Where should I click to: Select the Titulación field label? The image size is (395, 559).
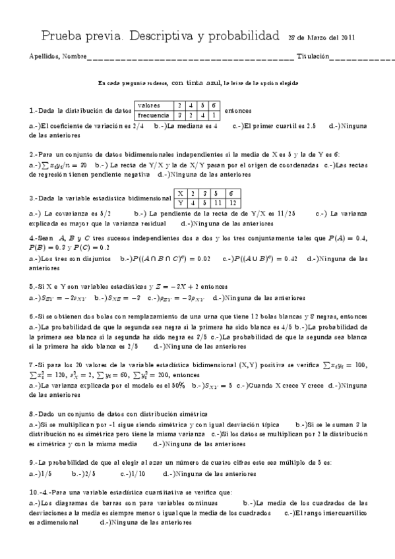pyautogui.click(x=312, y=57)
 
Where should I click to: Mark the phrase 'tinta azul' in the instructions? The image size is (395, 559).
pyautogui.click(x=201, y=83)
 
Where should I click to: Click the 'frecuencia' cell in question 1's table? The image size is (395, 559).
pyautogui.click(x=154, y=114)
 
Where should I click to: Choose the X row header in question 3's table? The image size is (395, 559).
pyautogui.click(x=181, y=193)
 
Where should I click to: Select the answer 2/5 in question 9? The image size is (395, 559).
pyautogui.click(x=82, y=473)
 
